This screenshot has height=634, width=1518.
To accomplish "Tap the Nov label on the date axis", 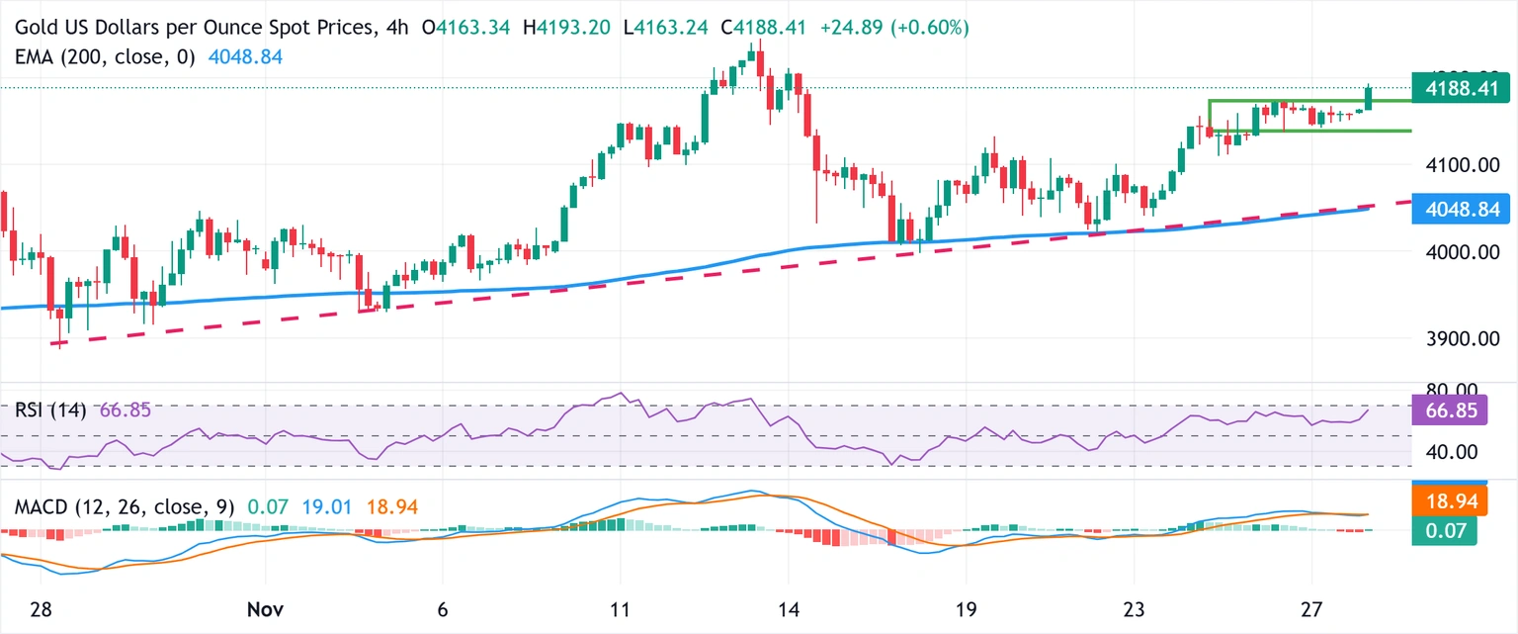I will click(265, 610).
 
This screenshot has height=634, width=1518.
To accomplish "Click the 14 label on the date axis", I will click(789, 610).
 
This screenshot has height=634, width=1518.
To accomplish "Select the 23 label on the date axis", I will click(1134, 610).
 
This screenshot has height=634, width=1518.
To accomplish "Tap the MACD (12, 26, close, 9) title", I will click(125, 507).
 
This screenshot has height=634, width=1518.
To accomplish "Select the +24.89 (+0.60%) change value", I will click(894, 28).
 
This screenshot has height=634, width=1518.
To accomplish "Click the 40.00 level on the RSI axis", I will click(1451, 452).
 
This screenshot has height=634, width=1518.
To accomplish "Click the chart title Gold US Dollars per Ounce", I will click(189, 28).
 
